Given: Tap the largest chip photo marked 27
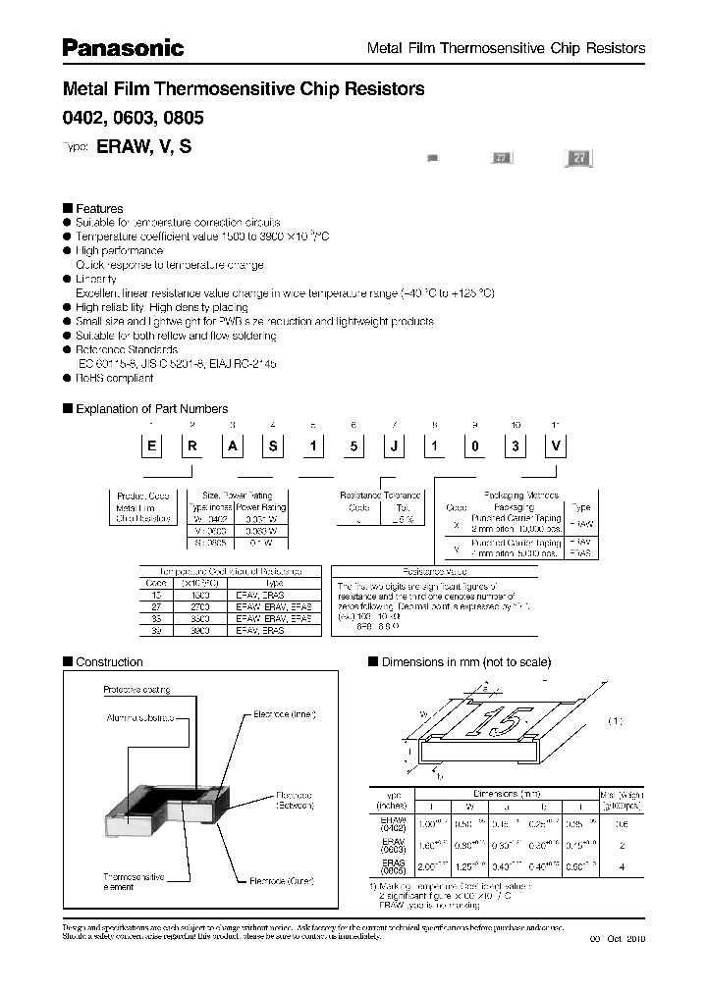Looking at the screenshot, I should click(x=578, y=160).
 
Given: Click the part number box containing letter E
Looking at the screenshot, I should click(x=152, y=445).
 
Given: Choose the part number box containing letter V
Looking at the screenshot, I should click(x=556, y=445).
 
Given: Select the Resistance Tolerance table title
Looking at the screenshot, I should click(x=380, y=496).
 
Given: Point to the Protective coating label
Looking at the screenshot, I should click(x=136, y=690).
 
